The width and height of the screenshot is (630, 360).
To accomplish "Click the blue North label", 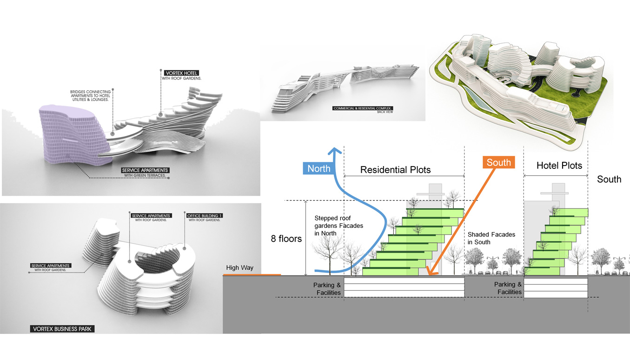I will point(318,168).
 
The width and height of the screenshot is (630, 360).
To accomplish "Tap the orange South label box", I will point(498,162).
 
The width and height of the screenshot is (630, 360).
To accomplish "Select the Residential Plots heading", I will point(395,170).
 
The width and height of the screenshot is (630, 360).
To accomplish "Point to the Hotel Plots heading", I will point(559,166).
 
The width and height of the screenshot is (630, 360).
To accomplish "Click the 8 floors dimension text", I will point(286,239).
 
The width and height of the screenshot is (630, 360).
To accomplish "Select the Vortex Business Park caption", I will point(63,329).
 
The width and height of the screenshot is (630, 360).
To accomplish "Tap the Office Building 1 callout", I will point(203,216).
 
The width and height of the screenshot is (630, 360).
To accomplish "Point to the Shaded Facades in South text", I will point(491,238).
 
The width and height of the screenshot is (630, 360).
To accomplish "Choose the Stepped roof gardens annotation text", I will point(338,226).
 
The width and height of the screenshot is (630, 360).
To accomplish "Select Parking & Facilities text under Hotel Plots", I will point(508,288).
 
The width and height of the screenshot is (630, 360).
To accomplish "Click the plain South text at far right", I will point(609,180).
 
